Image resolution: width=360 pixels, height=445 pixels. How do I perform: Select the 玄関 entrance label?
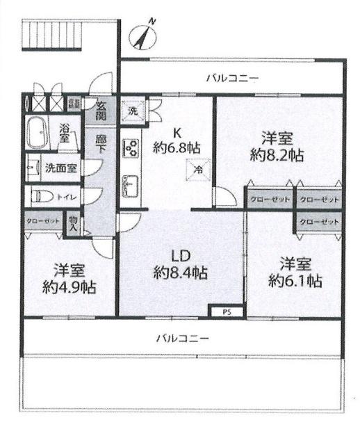[101, 111]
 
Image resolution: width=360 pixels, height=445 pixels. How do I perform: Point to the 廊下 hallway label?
[101, 144]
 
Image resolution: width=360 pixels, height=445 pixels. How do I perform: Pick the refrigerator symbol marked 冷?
[198, 168]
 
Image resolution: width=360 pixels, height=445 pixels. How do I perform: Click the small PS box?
[226, 312]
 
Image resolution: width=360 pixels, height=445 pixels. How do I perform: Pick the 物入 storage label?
[74, 223]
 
